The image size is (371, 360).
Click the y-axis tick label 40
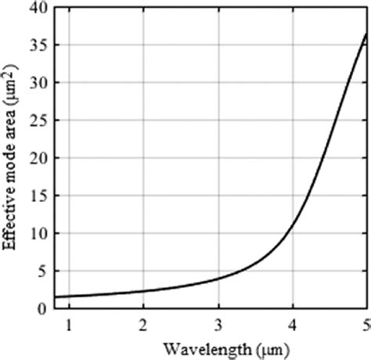coord(38,9)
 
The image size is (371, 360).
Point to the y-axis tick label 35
coord(38,45)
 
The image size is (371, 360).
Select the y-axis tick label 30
coord(38,83)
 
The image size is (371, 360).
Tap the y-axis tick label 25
coord(38,121)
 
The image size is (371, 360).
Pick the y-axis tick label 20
coord(38,158)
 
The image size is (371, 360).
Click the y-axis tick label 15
coord(38,196)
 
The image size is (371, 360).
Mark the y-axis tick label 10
coord(38,233)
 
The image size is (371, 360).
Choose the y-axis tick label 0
coord(41,308)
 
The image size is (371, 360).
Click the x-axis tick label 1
coord(69,323)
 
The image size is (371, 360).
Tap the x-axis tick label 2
coord(143,323)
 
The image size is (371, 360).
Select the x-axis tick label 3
coord(218,323)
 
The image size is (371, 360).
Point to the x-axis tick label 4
coord(293,323)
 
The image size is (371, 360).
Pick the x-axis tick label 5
coord(365,323)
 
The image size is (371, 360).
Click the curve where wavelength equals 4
coord(293,227)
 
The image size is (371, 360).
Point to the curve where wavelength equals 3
coord(218,279)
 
